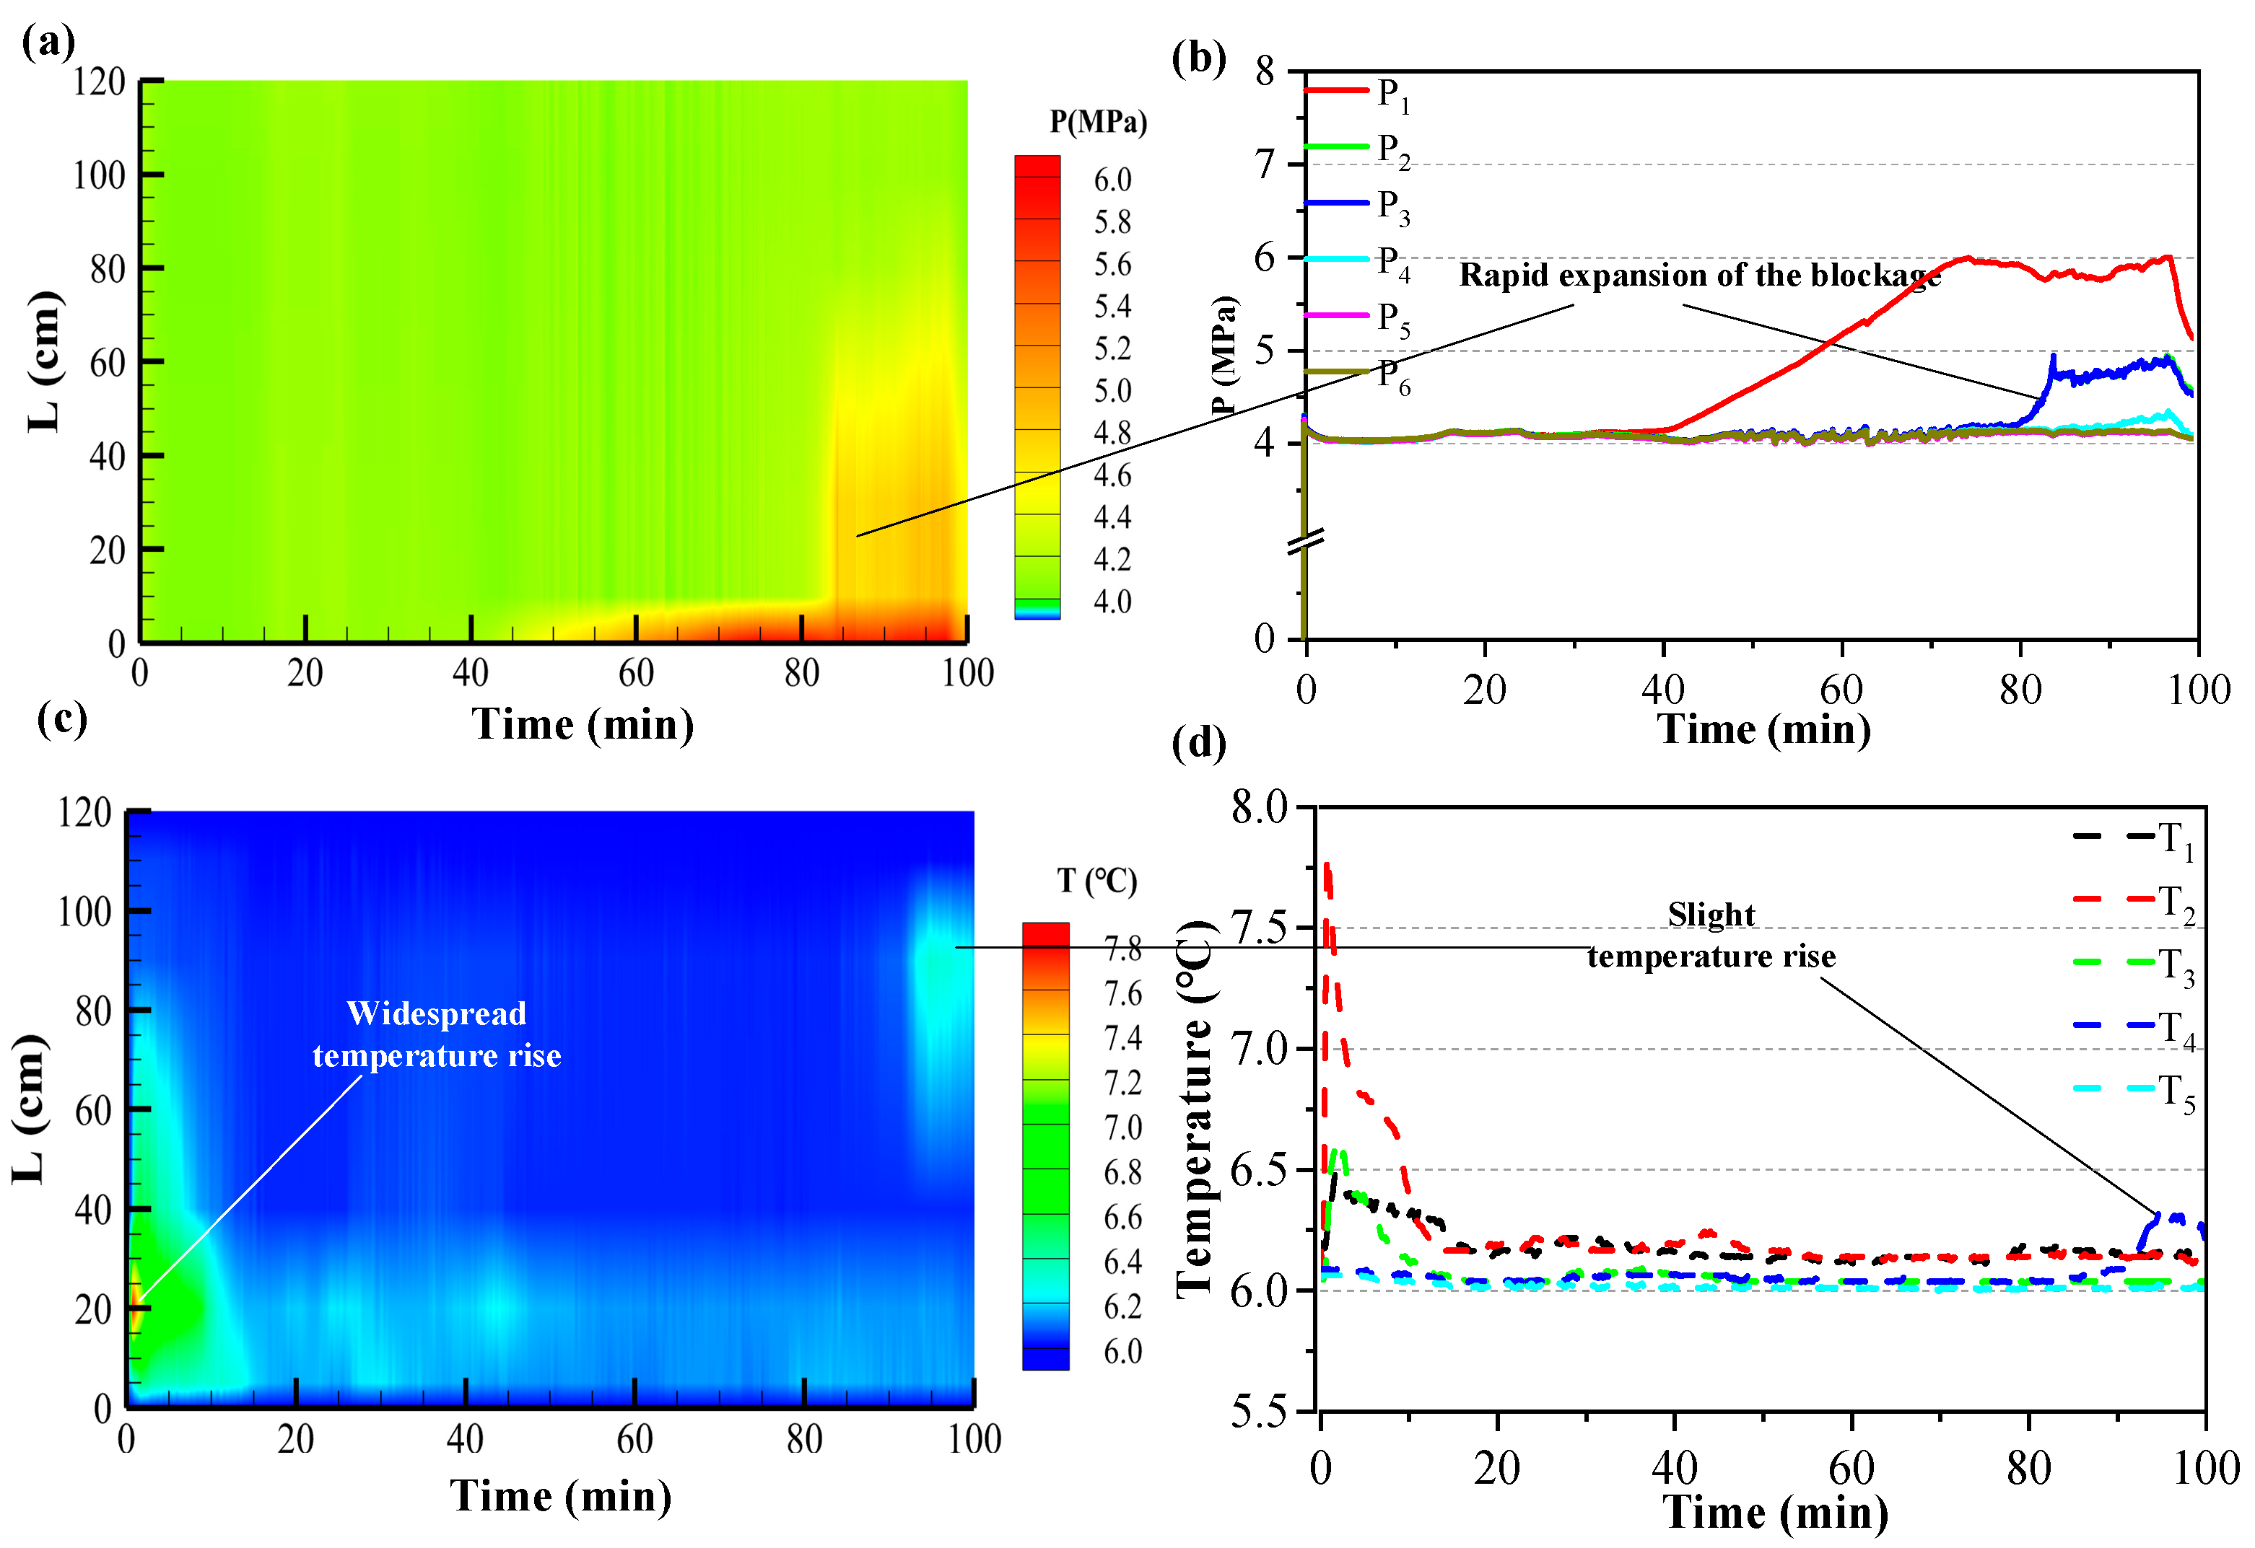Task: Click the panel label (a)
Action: pyautogui.click(x=48, y=43)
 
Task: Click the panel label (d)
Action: pyautogui.click(x=1198, y=743)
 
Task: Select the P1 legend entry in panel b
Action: pyautogui.click(x=1358, y=93)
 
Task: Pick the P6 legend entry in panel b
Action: pyautogui.click(x=1358, y=374)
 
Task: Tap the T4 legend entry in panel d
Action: pyautogui.click(x=2134, y=1028)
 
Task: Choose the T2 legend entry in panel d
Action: pyautogui.click(x=2134, y=902)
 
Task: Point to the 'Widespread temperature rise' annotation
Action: pyautogui.click(x=437, y=1034)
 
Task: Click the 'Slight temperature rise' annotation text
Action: pyautogui.click(x=1711, y=936)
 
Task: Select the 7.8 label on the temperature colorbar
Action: pyautogui.click(x=1122, y=949)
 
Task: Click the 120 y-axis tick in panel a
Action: pyautogui.click(x=99, y=82)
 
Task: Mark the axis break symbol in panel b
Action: pyautogui.click(x=1305, y=542)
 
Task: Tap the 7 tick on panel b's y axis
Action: pyautogui.click(x=1265, y=166)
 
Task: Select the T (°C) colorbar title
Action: pyautogui.click(x=1096, y=881)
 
